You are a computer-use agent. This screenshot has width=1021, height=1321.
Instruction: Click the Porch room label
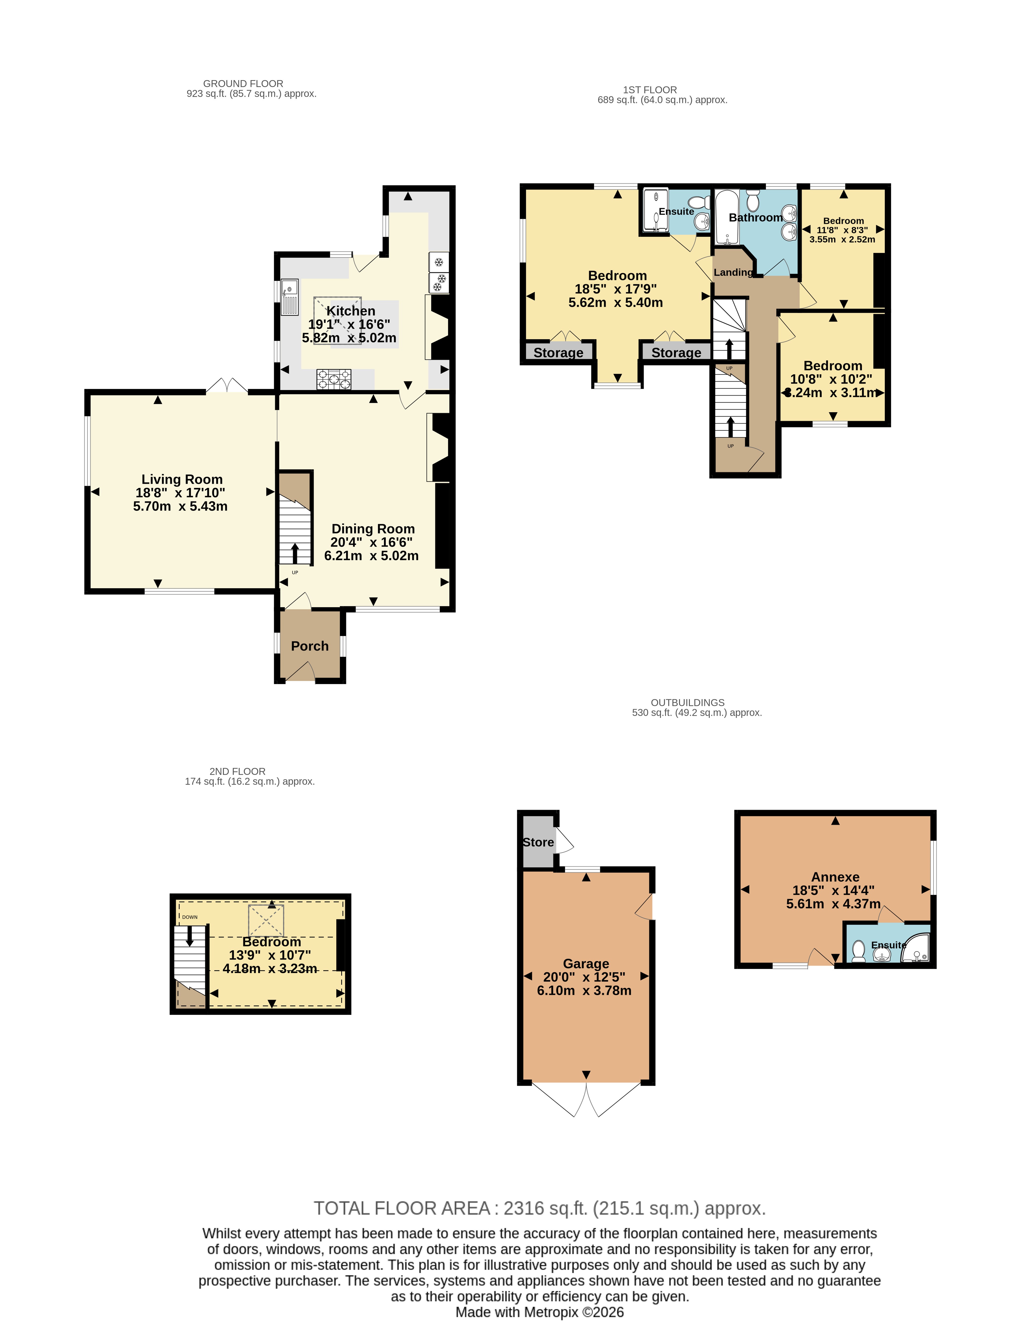click(x=310, y=646)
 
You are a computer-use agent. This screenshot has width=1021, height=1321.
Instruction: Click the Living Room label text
click(x=182, y=479)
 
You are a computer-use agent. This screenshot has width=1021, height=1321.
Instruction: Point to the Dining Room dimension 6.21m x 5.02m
click(x=371, y=555)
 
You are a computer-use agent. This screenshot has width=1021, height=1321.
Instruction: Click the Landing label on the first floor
click(x=733, y=272)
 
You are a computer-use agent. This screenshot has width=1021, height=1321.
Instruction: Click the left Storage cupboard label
click(x=558, y=353)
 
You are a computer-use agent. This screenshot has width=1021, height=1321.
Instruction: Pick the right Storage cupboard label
click(x=676, y=353)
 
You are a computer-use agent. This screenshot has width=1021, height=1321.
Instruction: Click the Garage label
click(x=586, y=964)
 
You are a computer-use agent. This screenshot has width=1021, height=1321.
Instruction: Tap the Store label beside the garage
click(x=538, y=842)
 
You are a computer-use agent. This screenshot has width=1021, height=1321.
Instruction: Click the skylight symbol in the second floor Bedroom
click(x=266, y=921)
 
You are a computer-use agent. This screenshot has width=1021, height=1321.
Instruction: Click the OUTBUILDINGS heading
click(x=688, y=702)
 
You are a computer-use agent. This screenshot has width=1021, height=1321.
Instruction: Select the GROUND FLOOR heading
click(x=243, y=84)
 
